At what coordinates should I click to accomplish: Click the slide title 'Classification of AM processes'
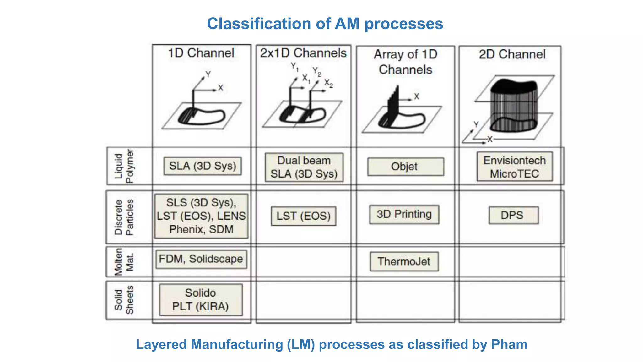pos(325,24)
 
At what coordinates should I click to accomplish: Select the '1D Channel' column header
pos(201,53)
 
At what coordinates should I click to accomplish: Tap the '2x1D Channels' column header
pos(303,53)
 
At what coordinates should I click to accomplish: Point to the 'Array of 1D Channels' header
pos(405,62)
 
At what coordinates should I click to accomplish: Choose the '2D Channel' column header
pos(512,54)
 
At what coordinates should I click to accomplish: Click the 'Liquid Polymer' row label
pos(124,166)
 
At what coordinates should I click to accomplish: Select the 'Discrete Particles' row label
pos(124,217)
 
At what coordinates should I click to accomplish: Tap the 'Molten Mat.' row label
pos(124,262)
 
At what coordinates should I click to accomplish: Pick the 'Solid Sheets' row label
pos(124,300)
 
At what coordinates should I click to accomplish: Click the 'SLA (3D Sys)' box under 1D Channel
pos(203,166)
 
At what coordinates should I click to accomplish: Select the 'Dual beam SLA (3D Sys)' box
pos(304,167)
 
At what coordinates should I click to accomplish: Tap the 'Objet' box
pos(405,167)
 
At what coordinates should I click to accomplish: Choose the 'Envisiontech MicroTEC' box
pos(515,167)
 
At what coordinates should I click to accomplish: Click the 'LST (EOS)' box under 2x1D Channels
pos(303,216)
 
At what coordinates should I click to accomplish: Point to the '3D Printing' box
pos(404,214)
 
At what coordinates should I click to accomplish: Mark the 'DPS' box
pos(513,215)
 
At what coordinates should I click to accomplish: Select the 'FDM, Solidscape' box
pos(201,259)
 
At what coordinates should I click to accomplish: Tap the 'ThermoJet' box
pos(404,261)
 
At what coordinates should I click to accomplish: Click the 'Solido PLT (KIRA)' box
pos(201,300)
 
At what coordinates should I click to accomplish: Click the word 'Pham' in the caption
pos(509,345)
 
